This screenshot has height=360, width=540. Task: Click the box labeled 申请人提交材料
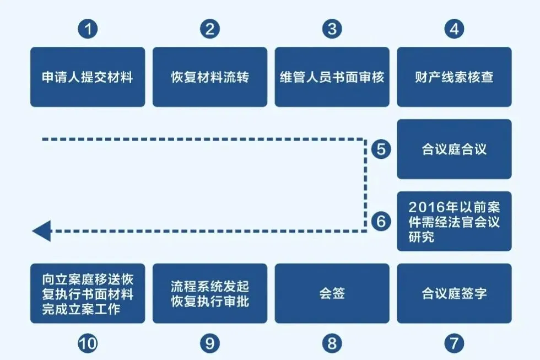pyautogui.click(x=88, y=77)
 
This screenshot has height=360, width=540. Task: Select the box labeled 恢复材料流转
pyautogui.click(x=210, y=77)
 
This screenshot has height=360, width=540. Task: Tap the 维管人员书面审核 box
pyautogui.click(x=332, y=77)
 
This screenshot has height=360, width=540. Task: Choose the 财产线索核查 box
pyautogui.click(x=454, y=77)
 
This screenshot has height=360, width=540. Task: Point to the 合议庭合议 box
pyautogui.click(x=454, y=149)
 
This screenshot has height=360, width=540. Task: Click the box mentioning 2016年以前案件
pyautogui.click(x=454, y=221)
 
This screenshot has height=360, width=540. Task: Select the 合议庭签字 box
pyautogui.click(x=454, y=293)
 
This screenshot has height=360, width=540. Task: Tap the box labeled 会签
pyautogui.click(x=332, y=293)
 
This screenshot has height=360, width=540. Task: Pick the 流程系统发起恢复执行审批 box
pyautogui.click(x=210, y=293)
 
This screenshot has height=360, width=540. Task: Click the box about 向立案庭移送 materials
pyautogui.click(x=88, y=293)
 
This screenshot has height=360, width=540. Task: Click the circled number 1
pyautogui.click(x=88, y=29)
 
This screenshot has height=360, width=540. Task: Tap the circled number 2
pyautogui.click(x=210, y=29)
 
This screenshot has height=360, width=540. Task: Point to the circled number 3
pyautogui.click(x=332, y=29)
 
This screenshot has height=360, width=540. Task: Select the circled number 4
pyautogui.click(x=454, y=29)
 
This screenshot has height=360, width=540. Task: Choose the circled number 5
pyautogui.click(x=381, y=149)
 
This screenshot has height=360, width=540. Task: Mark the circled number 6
pyautogui.click(x=381, y=221)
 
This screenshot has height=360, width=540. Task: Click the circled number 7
pyautogui.click(x=454, y=343)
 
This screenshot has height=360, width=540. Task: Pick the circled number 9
pyautogui.click(x=210, y=343)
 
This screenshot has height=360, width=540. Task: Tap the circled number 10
pyautogui.click(x=88, y=343)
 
